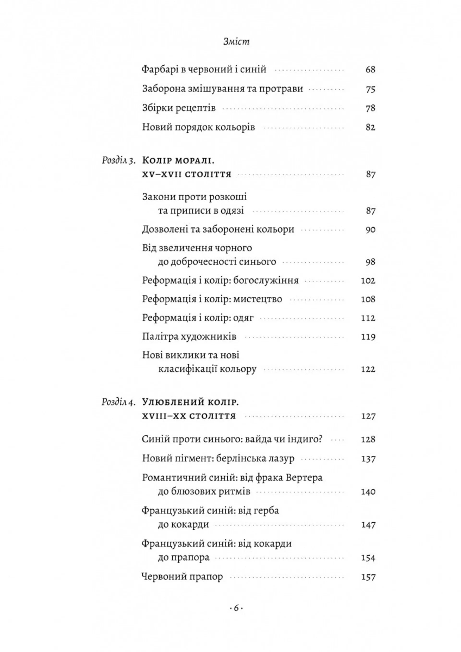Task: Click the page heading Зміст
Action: [236, 42]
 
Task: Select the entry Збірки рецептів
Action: [179, 108]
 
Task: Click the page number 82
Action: [370, 128]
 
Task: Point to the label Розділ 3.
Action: [119, 161]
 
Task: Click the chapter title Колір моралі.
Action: [178, 161]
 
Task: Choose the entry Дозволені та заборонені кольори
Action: [218, 229]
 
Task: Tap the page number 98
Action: [370, 262]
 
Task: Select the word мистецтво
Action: [258, 299]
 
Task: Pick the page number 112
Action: [368, 318]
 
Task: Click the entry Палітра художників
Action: [189, 337]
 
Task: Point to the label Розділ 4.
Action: [119, 402]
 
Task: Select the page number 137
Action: [368, 459]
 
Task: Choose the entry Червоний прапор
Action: [182, 577]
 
